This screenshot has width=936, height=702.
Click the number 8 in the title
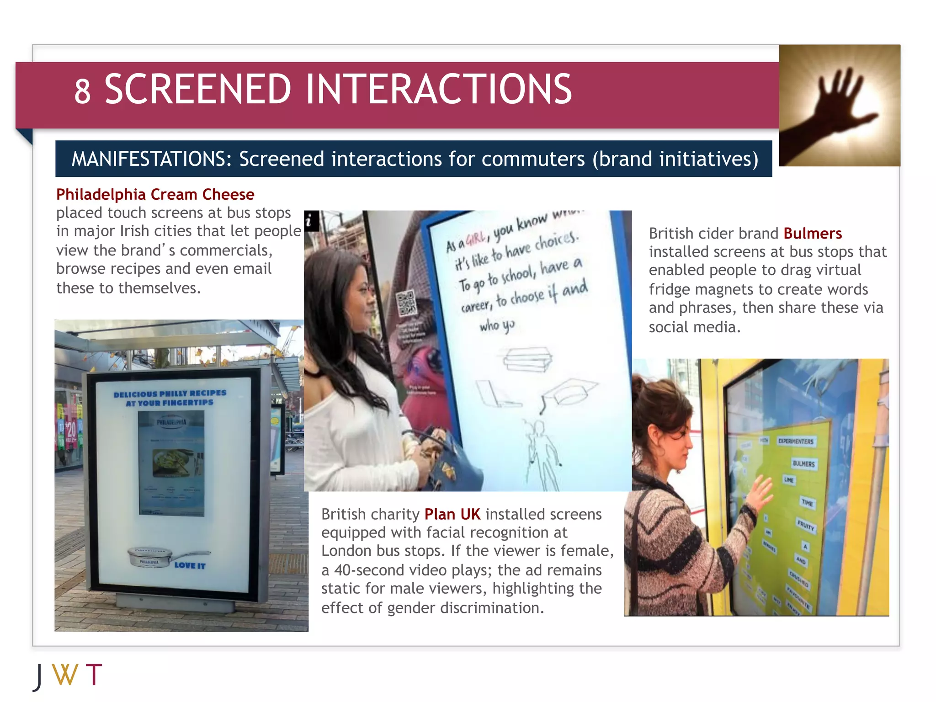[x=83, y=91]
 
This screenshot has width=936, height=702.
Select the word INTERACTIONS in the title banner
[x=438, y=89]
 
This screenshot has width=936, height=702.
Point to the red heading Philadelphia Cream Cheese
[x=155, y=194]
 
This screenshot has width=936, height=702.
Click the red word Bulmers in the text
[x=812, y=234]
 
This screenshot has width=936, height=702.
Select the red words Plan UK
[x=452, y=514]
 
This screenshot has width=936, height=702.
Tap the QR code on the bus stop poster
[x=406, y=303]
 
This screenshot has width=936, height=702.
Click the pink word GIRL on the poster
[x=475, y=238]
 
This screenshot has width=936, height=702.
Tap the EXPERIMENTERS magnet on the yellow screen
[x=796, y=441]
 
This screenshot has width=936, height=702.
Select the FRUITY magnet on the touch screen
[x=806, y=526]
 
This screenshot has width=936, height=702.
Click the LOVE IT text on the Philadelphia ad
[x=190, y=565]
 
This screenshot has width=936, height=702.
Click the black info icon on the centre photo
[x=311, y=221]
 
